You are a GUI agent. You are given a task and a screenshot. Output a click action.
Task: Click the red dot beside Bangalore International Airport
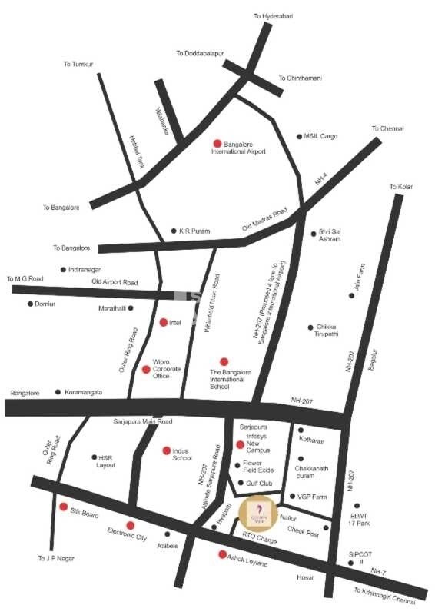(x=217, y=143)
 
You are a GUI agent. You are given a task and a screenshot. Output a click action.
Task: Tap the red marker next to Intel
(x=164, y=322)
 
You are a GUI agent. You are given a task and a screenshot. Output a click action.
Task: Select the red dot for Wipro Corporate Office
(x=146, y=370)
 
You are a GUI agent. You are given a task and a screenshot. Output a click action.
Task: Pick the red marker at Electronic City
(x=130, y=525)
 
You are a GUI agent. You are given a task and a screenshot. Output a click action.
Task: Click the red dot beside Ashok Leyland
(x=222, y=554)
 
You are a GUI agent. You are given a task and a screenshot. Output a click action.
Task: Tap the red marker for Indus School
(x=166, y=450)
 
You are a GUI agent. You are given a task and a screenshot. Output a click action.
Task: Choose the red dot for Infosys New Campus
(x=240, y=445)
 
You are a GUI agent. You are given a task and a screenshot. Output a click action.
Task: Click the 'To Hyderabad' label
(x=274, y=16)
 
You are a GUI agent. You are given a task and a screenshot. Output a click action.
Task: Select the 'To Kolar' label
(x=400, y=187)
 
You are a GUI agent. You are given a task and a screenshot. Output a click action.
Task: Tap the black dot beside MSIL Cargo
(x=300, y=137)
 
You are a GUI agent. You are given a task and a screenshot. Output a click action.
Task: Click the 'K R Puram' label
(x=194, y=231)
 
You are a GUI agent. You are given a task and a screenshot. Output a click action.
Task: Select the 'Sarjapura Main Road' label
(x=144, y=421)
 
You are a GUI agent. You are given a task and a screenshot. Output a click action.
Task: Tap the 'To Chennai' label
(x=387, y=129)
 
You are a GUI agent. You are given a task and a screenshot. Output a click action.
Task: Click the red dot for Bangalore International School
(x=224, y=361)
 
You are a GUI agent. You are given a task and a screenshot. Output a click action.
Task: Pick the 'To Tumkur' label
(x=78, y=64)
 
